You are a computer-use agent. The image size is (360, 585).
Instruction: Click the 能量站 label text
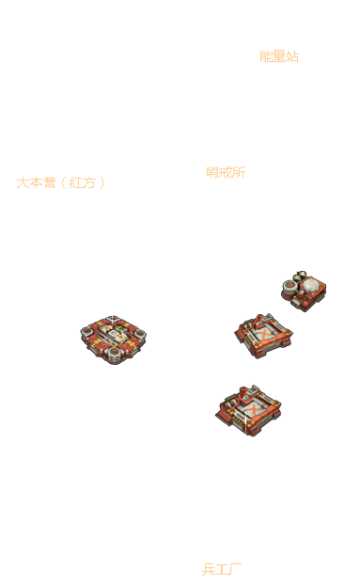pyautogui.click(x=278, y=56)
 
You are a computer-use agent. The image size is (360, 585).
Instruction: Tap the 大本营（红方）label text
pyautogui.click(x=60, y=182)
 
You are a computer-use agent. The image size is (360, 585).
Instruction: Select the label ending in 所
pyautogui.click(x=226, y=172)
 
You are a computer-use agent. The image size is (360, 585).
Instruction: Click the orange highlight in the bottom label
pyautogui.click(x=218, y=569)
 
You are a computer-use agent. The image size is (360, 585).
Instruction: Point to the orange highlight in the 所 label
pyautogui.click(x=222, y=172)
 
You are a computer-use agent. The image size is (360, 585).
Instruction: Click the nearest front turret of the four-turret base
pyautogui.click(x=115, y=355)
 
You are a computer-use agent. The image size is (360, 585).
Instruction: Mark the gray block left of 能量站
pyautogui.click(x=258, y=56)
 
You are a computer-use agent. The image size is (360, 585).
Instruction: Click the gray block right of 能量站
pyautogui.click(x=301, y=56)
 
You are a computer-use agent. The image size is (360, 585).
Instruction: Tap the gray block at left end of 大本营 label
pyautogui.click(x=16, y=182)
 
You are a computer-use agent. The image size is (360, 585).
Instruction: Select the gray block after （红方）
pyautogui.click(x=103, y=182)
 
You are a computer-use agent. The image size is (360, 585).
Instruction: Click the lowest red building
pyautogui.click(x=248, y=409)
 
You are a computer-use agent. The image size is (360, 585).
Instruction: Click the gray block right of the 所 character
pyautogui.click(x=249, y=171)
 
